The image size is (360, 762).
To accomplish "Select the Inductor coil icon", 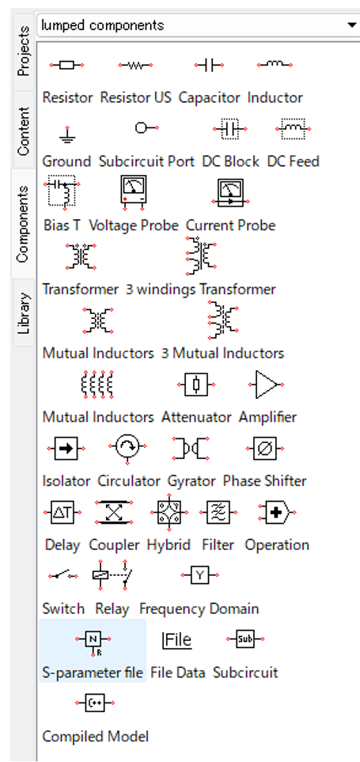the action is point(275,64).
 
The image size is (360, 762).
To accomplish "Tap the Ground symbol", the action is point(67,134).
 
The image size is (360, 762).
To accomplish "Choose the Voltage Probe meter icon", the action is point(134,192).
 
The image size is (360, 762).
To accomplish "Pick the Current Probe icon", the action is point(230,193).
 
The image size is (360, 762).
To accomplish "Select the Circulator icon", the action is point(128,447).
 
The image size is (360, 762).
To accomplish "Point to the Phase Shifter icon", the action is point(264,448).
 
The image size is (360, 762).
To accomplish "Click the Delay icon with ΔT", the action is point(63,512).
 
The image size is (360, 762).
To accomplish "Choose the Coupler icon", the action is point(114,512).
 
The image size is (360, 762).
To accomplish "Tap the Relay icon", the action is point(112,576).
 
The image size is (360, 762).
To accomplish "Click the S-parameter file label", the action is point(93,673).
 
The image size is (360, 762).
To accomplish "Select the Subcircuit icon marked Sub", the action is point(245,639).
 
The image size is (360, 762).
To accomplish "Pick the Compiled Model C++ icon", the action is point(95,703).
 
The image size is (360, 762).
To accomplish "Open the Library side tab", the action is point(25,313).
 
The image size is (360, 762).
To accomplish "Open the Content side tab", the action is point(23,131).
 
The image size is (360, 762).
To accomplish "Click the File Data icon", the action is point(177,640).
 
